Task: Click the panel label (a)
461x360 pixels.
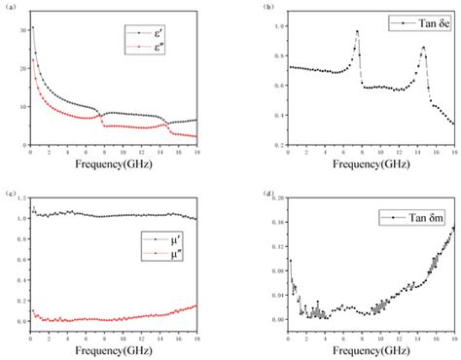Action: [x=9, y=7]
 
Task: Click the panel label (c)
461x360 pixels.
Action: [x=9, y=195]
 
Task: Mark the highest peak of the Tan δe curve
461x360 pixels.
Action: [x=357, y=31]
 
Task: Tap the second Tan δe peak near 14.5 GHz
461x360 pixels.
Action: [x=423, y=48]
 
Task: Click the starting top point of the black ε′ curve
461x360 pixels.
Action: [x=32, y=27]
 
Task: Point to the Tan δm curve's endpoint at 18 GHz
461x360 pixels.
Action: [x=453, y=228]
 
